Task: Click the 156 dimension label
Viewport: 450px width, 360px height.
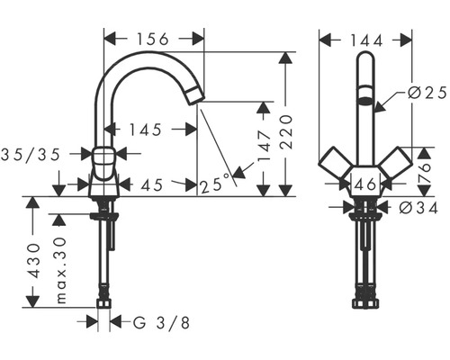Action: click(x=153, y=39)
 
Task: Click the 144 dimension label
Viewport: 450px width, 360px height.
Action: click(x=366, y=40)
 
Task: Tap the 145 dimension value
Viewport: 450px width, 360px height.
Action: click(x=146, y=130)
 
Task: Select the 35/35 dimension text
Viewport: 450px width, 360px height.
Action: click(x=31, y=155)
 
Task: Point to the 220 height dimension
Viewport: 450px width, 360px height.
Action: click(x=286, y=132)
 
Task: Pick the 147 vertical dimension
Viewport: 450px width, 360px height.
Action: click(x=265, y=146)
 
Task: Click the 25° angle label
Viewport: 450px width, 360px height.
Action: click(x=215, y=184)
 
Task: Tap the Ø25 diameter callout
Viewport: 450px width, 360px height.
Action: click(x=427, y=94)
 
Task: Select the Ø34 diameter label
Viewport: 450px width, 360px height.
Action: click(x=419, y=208)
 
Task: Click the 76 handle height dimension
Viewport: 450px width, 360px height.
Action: click(x=424, y=172)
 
